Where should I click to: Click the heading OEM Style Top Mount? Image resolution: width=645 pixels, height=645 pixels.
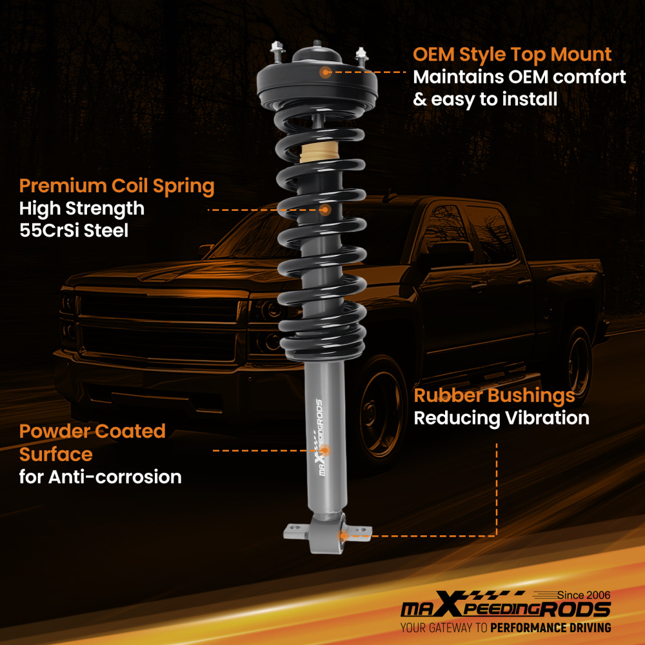pos(512,54)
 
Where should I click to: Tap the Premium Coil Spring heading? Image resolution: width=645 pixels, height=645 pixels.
pos(117,186)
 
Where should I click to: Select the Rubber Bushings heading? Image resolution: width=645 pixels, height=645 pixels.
pos(494,395)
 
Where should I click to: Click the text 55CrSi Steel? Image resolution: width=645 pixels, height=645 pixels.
pos(74,230)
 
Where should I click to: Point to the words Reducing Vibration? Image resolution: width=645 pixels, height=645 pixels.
pos(501,418)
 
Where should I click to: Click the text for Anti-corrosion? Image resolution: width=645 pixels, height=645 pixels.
pos(100,477)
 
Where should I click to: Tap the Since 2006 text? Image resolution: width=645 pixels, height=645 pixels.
pos(584,594)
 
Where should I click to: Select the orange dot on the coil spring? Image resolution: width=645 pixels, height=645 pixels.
pos(325,210)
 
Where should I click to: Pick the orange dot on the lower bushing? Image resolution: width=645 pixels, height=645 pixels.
pos(344,535)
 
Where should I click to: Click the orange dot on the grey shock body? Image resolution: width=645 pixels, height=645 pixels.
pos(325,450)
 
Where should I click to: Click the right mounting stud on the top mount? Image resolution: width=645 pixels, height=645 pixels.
pos(361,57)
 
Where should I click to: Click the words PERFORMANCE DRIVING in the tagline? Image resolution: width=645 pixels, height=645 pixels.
pos(550,628)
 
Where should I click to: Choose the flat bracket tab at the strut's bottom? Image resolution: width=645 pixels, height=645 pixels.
pos(295,530)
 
